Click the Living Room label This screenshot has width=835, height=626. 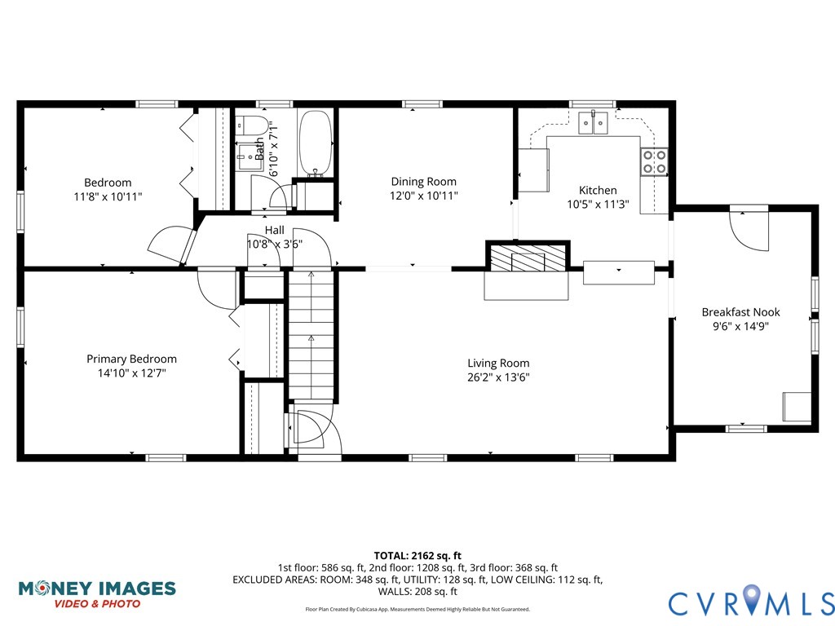(x=497, y=363)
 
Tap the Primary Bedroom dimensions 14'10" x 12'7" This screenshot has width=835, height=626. (x=131, y=373)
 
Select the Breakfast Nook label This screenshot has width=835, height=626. (x=740, y=312)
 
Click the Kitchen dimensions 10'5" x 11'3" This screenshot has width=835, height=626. (x=597, y=205)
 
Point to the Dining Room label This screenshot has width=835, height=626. (x=423, y=182)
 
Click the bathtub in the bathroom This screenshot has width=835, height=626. (x=316, y=143)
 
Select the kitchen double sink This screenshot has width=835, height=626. (x=594, y=123)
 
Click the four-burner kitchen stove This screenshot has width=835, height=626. (x=654, y=161)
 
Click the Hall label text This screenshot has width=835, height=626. (x=274, y=231)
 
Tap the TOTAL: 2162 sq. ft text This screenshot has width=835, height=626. (x=417, y=555)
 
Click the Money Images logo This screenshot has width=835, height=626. (x=96, y=593)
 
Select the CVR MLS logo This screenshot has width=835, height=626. (x=750, y=602)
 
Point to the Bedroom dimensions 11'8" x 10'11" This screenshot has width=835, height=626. (x=107, y=196)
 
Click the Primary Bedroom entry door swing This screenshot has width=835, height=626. (x=215, y=288)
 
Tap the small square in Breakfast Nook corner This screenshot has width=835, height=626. (x=797, y=406)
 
